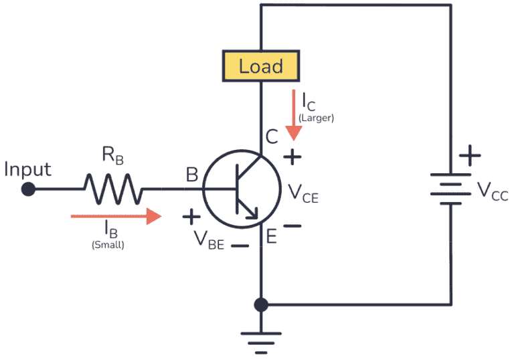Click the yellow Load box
click(x=260, y=66)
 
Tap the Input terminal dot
click(x=28, y=189)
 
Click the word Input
click(x=27, y=169)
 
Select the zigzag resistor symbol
click(x=112, y=189)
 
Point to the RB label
click(x=112, y=155)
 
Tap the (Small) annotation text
click(x=108, y=245)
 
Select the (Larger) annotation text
click(x=317, y=118)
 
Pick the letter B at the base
click(x=192, y=175)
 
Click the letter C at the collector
click(x=272, y=137)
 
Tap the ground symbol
click(x=261, y=339)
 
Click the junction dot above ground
click(x=261, y=305)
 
